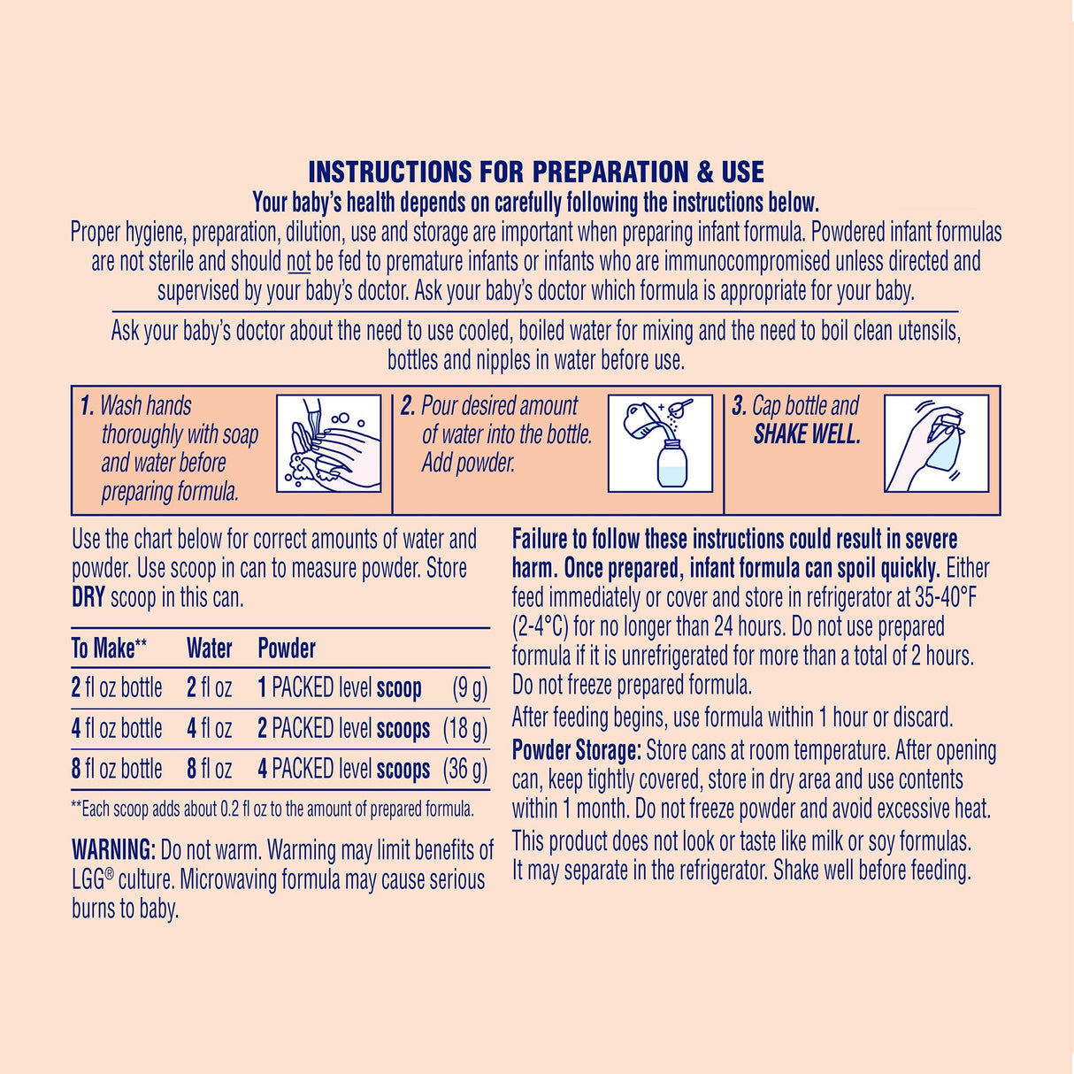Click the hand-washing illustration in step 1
point(329,443)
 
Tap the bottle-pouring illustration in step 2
point(660,443)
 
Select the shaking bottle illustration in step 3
point(937,443)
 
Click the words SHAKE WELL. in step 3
point(807,434)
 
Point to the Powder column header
point(287,648)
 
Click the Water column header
point(210,648)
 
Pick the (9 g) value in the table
point(469,688)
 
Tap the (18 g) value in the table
point(465,729)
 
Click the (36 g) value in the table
point(465,769)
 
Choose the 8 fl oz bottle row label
point(117,769)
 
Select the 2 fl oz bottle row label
point(117,688)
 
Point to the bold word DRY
point(88,598)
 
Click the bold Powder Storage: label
point(576,751)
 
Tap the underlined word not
point(299,262)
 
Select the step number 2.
point(408,406)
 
